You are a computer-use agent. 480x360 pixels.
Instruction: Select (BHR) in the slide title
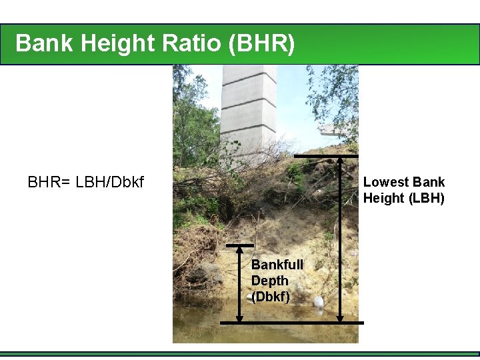[261, 43]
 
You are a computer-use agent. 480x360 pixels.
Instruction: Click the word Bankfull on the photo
[277, 265]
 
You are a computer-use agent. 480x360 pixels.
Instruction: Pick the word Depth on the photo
[269, 281]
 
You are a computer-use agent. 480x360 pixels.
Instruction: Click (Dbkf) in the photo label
[271, 297]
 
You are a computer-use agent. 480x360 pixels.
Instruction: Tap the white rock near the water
[319, 302]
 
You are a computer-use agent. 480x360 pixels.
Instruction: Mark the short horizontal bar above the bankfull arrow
[241, 245]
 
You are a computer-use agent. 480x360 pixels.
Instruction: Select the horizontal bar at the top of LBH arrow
[326, 156]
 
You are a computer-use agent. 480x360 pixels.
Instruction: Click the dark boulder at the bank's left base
[203, 273]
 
